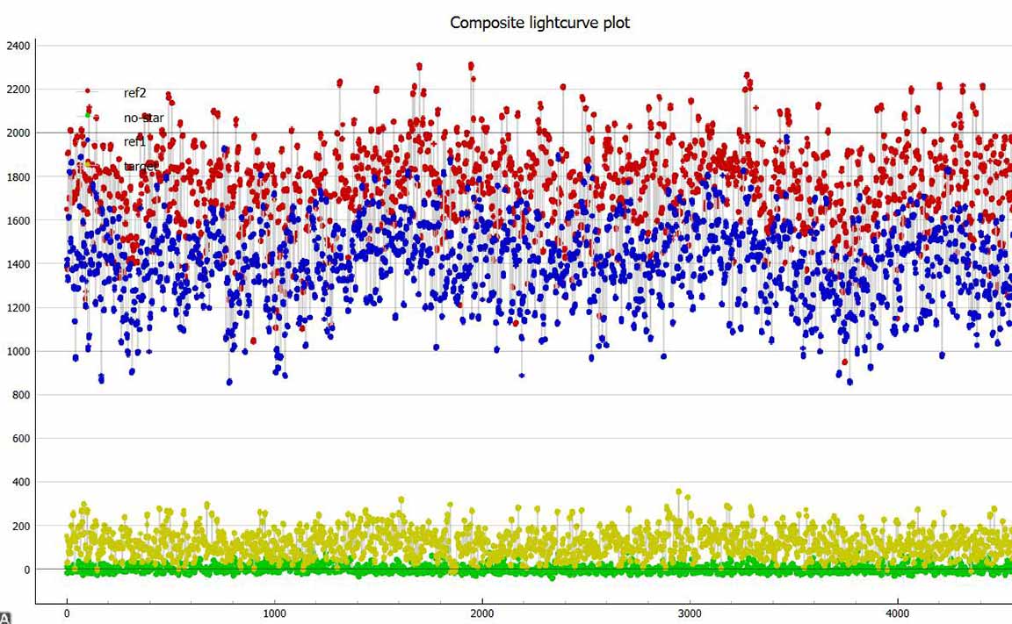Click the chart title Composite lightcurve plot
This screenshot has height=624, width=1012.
539,23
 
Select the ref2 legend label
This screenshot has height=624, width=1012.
134,93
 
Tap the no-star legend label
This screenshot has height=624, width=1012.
143,118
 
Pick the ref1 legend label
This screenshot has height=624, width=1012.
134,142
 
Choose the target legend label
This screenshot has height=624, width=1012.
141,166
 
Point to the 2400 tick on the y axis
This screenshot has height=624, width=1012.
18,46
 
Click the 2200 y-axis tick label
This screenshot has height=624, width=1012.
18,90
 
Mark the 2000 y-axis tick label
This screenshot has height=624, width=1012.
18,133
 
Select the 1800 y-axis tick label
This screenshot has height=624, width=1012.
18,177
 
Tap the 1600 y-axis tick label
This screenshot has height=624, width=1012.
18,221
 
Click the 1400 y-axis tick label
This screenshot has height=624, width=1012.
18,264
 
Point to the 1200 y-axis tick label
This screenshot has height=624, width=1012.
18,308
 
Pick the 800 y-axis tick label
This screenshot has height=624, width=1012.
20,396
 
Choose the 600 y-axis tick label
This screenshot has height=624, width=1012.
20,439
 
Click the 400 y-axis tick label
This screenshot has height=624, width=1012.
20,483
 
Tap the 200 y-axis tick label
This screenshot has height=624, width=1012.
20,527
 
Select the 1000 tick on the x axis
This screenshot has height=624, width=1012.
275,613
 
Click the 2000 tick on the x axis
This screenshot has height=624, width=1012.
482,613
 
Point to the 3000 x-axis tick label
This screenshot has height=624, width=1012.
690,613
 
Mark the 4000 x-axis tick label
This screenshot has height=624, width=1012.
897,613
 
